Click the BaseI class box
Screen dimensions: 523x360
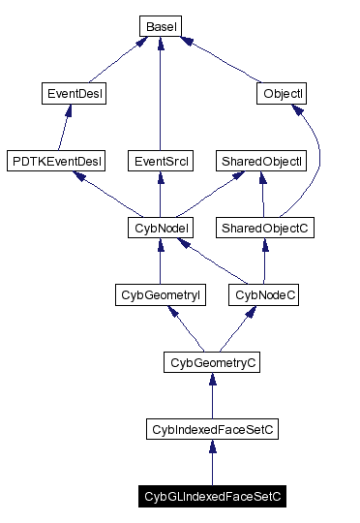(158, 26)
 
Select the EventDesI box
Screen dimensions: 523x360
(75, 94)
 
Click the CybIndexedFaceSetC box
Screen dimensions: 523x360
(211, 429)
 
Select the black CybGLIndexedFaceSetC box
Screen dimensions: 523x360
(211, 497)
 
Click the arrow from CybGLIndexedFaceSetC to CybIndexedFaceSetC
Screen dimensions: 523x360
(211, 464)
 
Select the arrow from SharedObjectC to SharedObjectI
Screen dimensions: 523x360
(262, 195)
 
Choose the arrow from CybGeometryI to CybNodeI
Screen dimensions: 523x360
(158, 262)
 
